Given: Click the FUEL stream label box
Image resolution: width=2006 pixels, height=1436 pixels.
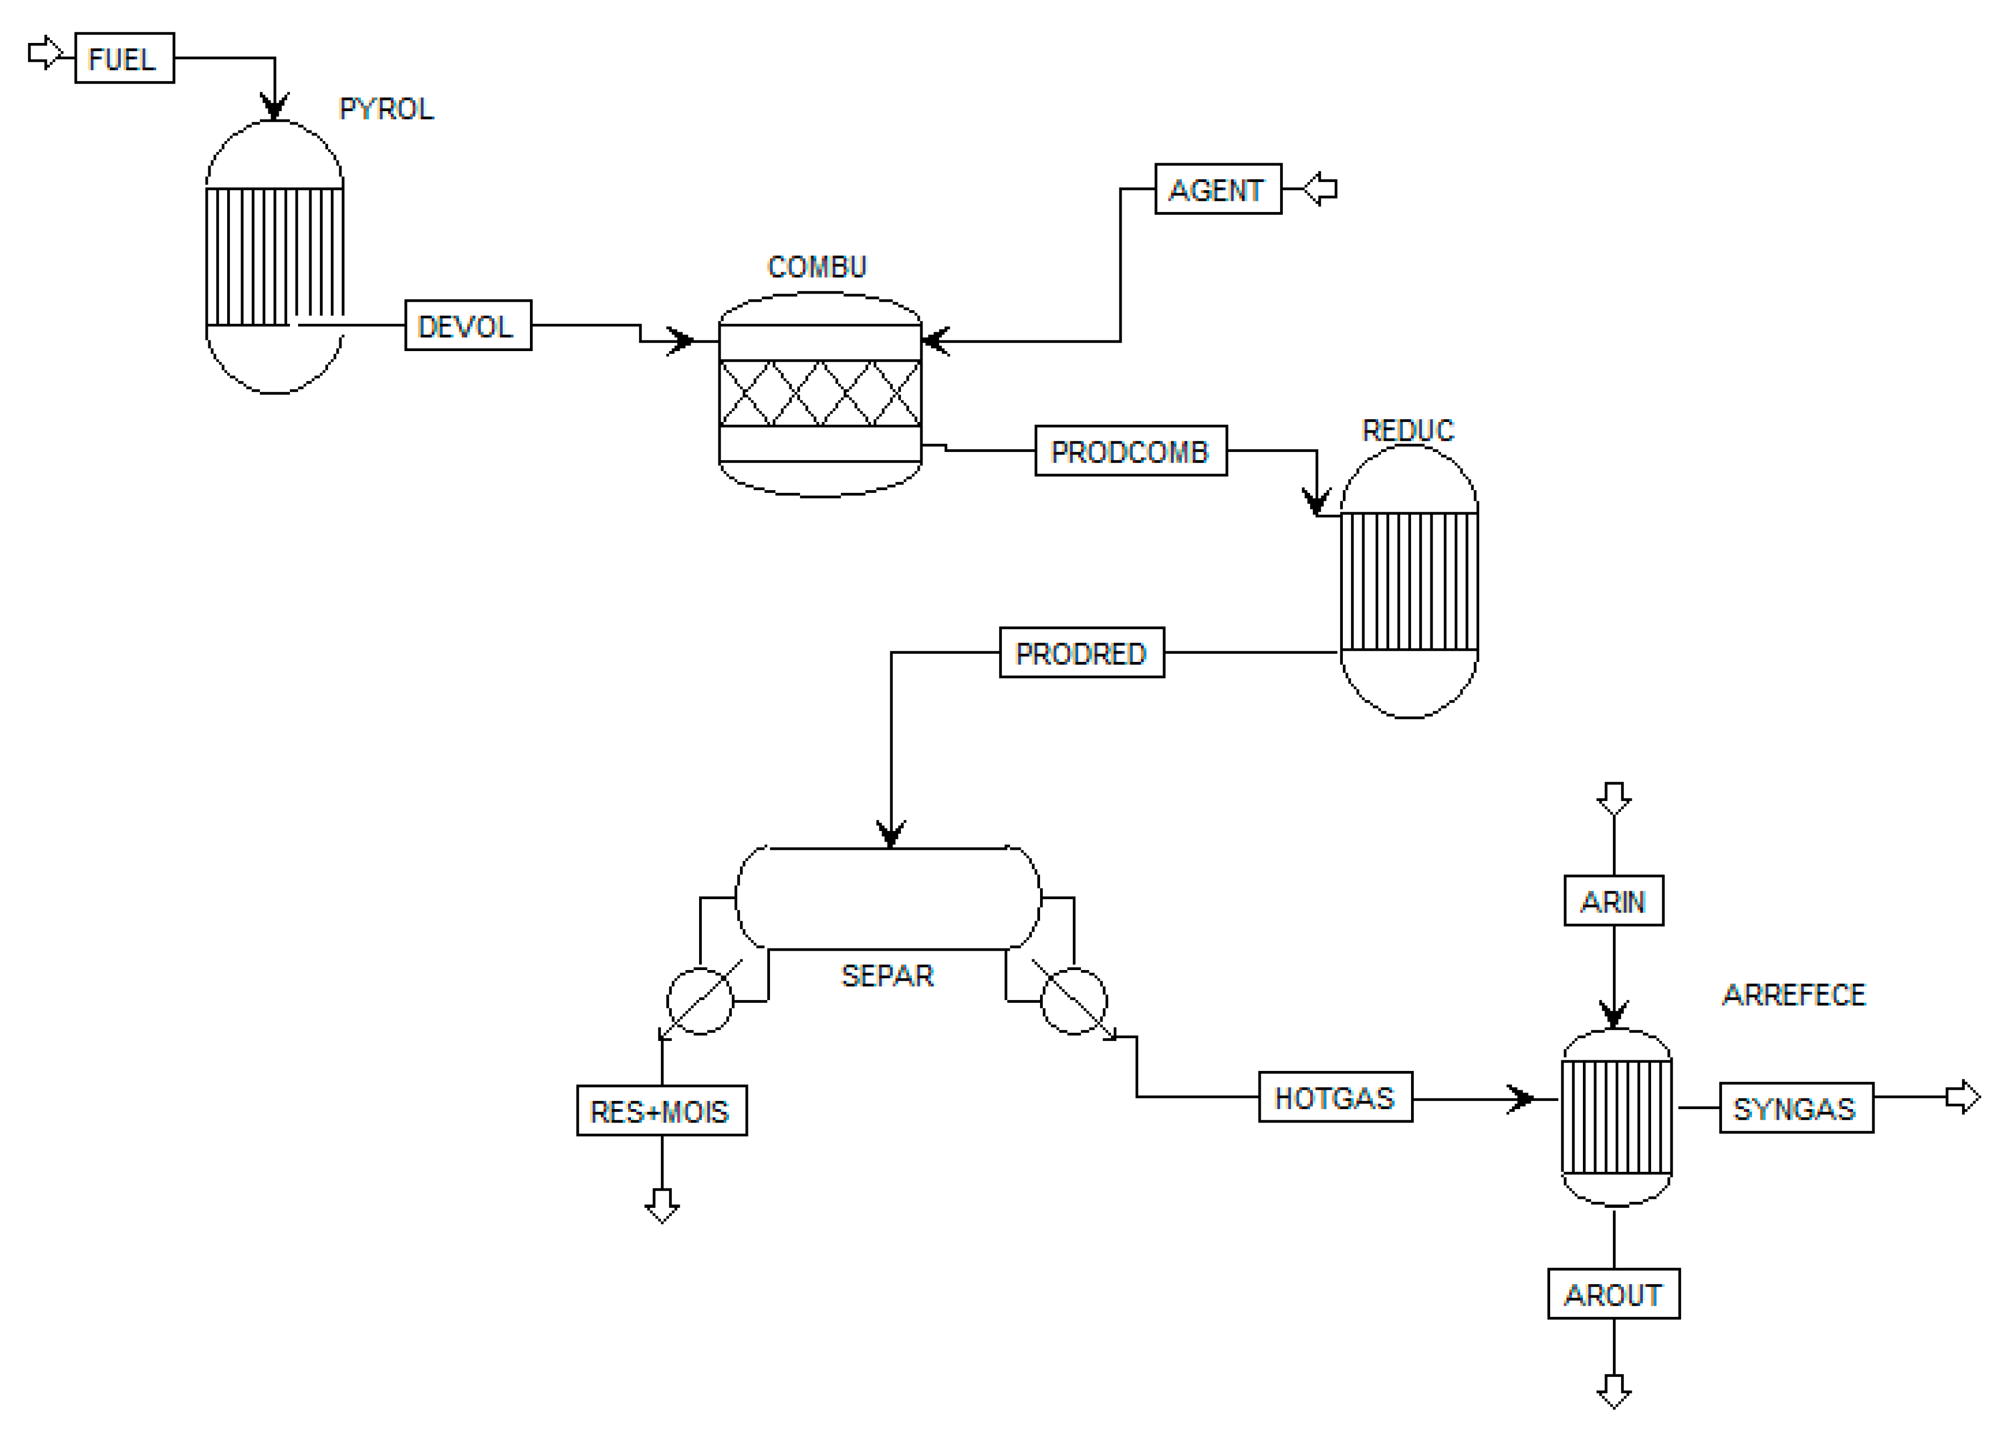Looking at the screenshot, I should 124,59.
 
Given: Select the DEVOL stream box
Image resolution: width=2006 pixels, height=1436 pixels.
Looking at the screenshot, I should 468,325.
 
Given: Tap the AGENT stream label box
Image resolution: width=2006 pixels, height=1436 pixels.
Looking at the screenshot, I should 1218,189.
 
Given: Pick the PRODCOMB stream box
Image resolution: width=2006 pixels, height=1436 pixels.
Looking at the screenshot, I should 1130,451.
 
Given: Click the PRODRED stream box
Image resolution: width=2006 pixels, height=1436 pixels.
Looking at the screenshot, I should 1081,653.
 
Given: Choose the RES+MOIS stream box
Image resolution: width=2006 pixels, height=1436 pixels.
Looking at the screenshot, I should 662,1111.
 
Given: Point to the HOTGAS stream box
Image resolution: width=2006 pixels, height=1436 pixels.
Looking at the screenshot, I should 1335,1097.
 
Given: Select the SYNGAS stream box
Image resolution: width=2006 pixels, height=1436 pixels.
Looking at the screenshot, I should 1796,1108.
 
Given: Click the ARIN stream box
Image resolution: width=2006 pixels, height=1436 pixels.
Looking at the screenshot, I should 1613,901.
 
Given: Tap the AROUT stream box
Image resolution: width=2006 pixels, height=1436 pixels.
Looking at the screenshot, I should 1613,1294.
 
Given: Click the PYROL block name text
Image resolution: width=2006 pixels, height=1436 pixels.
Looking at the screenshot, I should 387,109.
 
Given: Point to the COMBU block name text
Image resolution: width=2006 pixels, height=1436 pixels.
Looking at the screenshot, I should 816,267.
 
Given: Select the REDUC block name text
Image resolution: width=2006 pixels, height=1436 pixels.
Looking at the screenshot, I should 1407,431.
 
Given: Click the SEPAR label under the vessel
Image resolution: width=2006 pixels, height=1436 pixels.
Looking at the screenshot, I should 887,976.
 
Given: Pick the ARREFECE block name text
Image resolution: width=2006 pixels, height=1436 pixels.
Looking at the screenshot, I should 1794,995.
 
